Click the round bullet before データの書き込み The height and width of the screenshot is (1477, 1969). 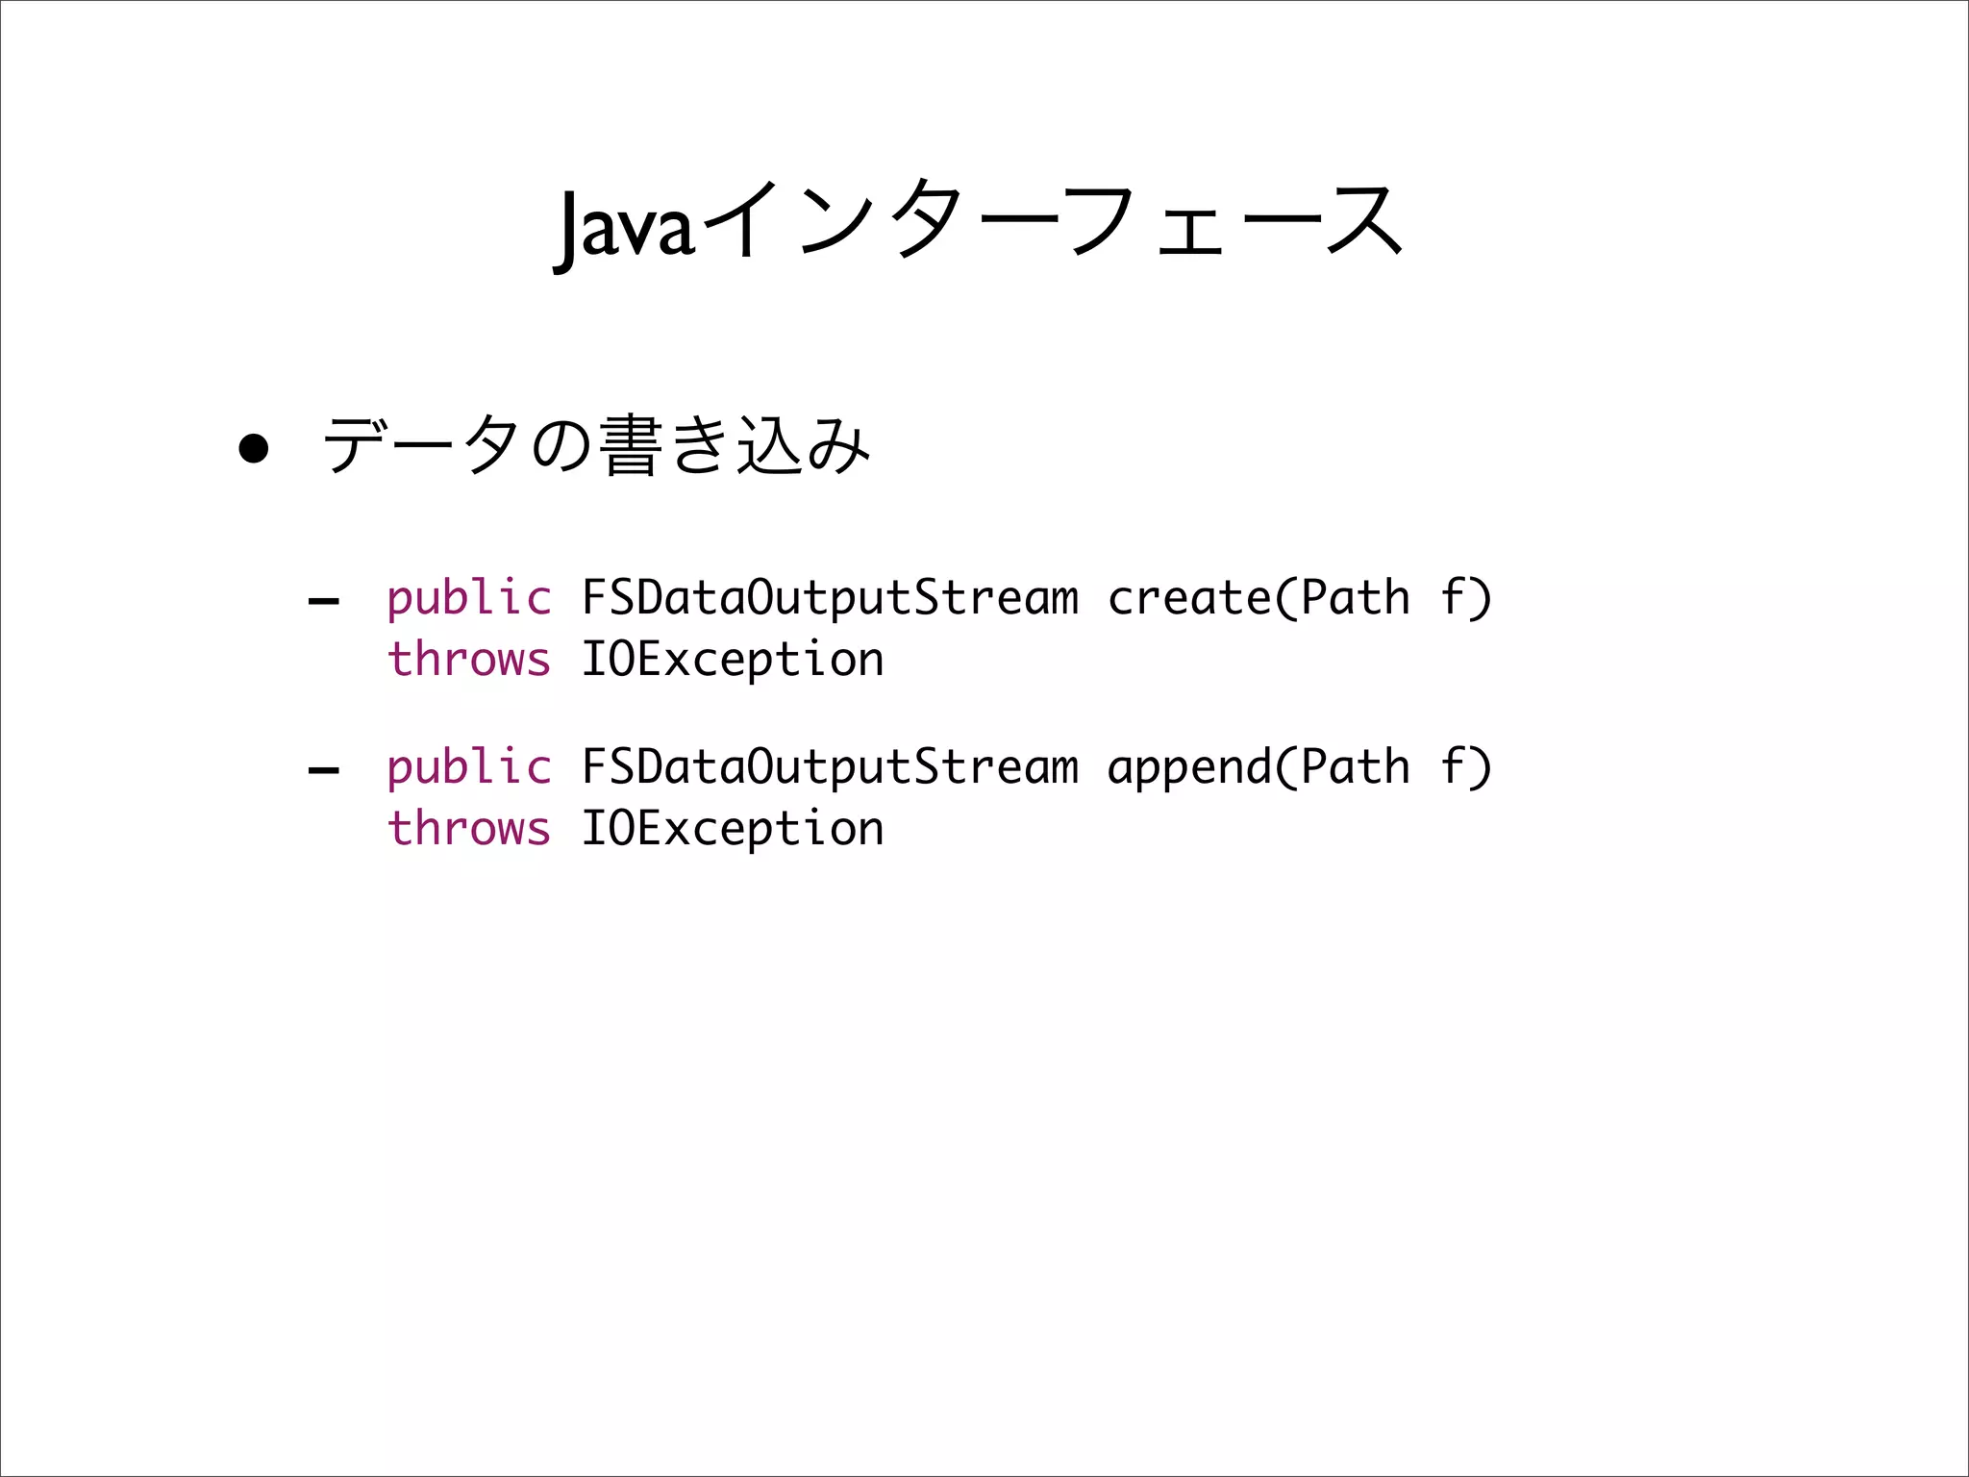[253, 448]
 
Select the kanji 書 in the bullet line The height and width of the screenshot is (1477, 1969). [631, 445]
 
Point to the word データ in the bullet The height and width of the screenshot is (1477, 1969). [421, 445]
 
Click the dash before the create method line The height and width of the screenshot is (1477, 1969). [323, 603]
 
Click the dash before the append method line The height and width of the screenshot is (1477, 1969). [323, 771]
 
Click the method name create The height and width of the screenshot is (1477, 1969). [1189, 598]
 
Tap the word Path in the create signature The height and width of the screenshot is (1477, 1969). [1356, 598]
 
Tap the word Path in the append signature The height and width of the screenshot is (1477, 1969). [1356, 767]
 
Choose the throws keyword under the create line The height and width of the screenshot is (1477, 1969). [468, 660]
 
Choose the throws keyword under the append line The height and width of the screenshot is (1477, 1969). [468, 829]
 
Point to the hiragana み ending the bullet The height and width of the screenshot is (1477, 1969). [838, 447]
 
